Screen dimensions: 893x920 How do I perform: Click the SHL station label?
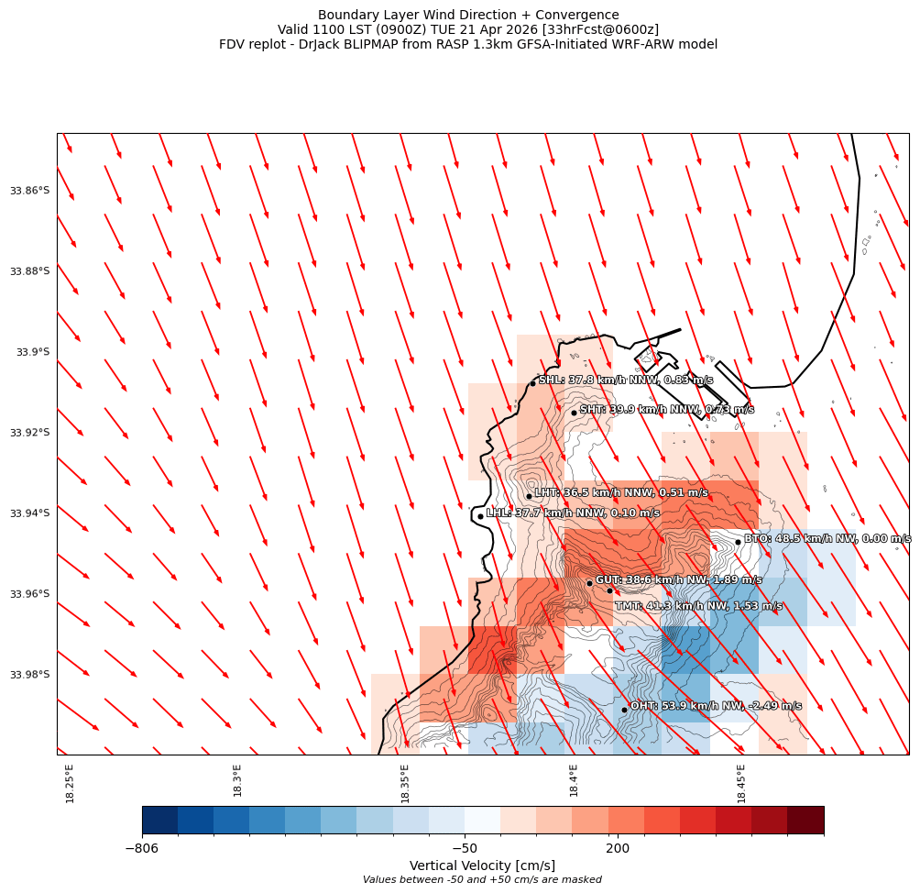point(625,380)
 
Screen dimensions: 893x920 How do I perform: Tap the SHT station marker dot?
point(575,413)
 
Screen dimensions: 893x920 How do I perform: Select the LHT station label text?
point(621,492)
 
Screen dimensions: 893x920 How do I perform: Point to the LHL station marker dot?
point(480,516)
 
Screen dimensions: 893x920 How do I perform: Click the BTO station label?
point(827,538)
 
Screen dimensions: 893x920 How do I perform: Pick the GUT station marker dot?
point(589,583)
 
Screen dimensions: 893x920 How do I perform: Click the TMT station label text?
point(698,606)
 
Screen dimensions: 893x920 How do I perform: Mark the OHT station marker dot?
point(624,710)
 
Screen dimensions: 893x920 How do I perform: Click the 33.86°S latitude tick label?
point(29,191)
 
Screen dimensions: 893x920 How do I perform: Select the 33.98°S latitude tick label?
point(29,675)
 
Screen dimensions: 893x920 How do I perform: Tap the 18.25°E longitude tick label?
point(71,783)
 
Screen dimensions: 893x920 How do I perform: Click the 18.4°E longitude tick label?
point(574,780)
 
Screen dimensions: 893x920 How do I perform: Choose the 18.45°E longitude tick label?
point(741,783)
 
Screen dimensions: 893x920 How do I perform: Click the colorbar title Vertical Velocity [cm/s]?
point(482,865)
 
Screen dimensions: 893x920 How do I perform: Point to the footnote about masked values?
point(482,880)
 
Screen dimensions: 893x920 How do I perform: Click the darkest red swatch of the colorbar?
point(805,820)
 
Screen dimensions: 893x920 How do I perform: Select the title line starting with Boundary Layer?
point(468,15)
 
